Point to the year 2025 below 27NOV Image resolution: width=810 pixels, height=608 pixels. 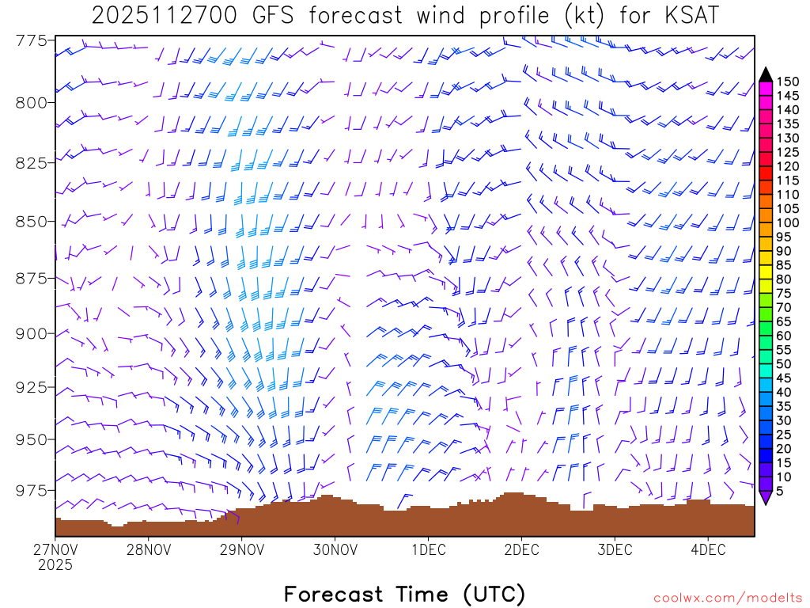55,564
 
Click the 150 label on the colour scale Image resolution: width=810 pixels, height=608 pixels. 787,81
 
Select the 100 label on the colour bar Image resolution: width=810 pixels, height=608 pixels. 787,222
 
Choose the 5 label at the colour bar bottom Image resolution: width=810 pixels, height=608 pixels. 781,492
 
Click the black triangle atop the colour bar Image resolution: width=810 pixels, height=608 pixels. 766,74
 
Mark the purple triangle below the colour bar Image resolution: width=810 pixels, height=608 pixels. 766,498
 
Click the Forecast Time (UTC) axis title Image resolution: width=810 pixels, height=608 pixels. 404,594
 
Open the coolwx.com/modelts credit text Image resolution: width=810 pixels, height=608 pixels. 727,596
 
